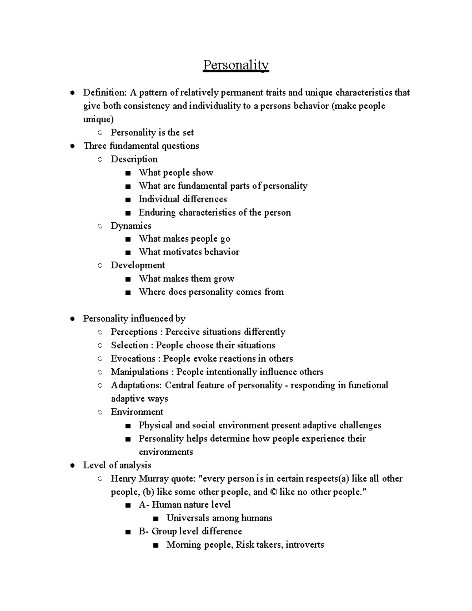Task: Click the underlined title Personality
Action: pyautogui.click(x=236, y=65)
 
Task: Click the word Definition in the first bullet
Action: pyautogui.click(x=104, y=92)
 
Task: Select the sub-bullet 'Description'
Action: pyautogui.click(x=134, y=159)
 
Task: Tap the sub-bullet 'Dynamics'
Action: pyautogui.click(x=131, y=225)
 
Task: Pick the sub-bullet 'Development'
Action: pyautogui.click(x=138, y=265)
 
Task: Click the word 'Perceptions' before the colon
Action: pyautogui.click(x=133, y=332)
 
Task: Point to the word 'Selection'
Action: pyautogui.click(x=129, y=345)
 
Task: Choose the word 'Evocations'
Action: pyautogui.click(x=133, y=358)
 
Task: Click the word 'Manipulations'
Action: pyautogui.click(x=140, y=372)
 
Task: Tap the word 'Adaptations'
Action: pyautogui.click(x=136, y=385)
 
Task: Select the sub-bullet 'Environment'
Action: pyautogui.click(x=137, y=412)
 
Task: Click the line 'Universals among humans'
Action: pyautogui.click(x=219, y=518)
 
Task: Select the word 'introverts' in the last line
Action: pyautogui.click(x=304, y=545)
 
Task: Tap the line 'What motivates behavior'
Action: pyautogui.click(x=189, y=252)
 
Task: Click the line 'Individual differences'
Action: pyautogui.click(x=183, y=199)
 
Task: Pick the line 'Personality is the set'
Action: pyautogui.click(x=152, y=133)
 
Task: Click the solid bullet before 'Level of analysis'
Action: pyautogui.click(x=72, y=465)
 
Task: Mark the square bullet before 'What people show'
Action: pyautogui.click(x=127, y=173)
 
